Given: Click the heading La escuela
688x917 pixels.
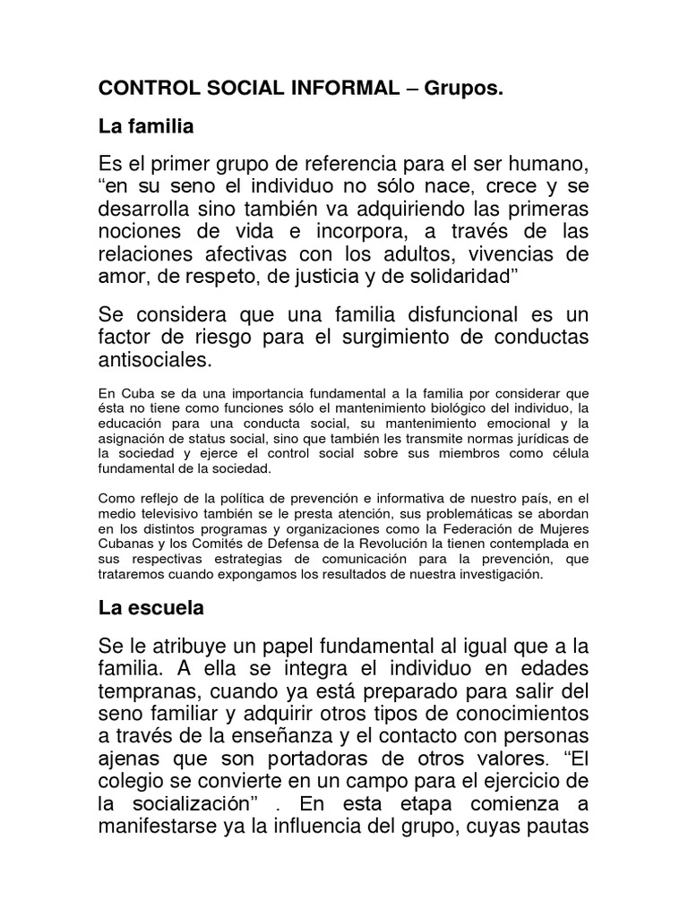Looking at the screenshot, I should pyautogui.click(x=150, y=607).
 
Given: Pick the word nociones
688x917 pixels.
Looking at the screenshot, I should pyautogui.click(x=141, y=234).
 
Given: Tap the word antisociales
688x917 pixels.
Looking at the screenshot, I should pyautogui.click(x=156, y=361).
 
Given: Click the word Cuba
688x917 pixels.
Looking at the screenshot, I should pyautogui.click(x=133, y=391).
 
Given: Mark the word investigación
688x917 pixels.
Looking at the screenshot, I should pyautogui.click(x=498, y=574).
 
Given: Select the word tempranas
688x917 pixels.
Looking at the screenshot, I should pyautogui.click(x=148, y=692).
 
